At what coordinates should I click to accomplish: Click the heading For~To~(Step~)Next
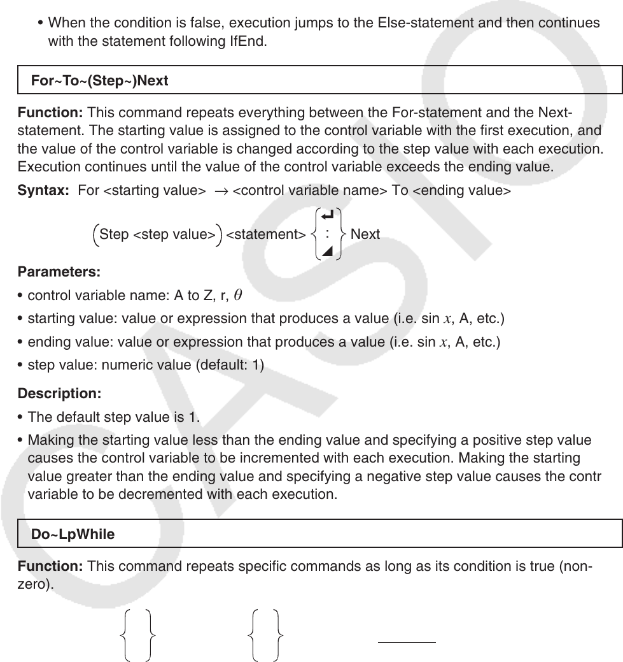click(99, 81)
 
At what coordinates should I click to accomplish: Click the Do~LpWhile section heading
click(73, 535)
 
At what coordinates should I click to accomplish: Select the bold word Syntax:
click(43, 191)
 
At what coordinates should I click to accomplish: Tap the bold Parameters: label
click(59, 272)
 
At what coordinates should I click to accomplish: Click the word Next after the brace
click(365, 234)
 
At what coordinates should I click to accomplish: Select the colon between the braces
click(327, 234)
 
